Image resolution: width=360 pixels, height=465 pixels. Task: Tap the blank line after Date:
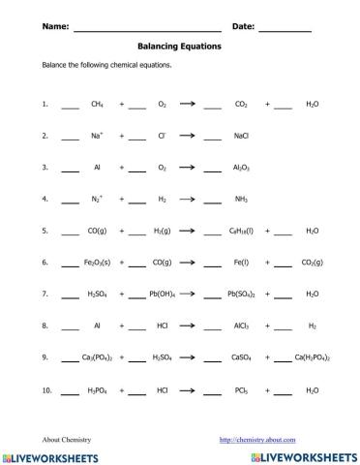285,28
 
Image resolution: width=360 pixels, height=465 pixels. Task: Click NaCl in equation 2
241,136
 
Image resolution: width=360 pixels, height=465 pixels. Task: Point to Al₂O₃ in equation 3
241,168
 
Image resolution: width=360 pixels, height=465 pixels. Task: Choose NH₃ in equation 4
241,200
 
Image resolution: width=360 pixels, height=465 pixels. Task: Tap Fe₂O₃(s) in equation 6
97,263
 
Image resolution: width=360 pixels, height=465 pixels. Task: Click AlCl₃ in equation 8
242,326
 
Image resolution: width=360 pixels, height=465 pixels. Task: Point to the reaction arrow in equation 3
188,168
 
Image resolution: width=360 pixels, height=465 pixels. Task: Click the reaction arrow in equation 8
188,326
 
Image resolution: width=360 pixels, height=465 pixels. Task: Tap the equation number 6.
45,263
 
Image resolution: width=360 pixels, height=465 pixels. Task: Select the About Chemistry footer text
67,438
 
